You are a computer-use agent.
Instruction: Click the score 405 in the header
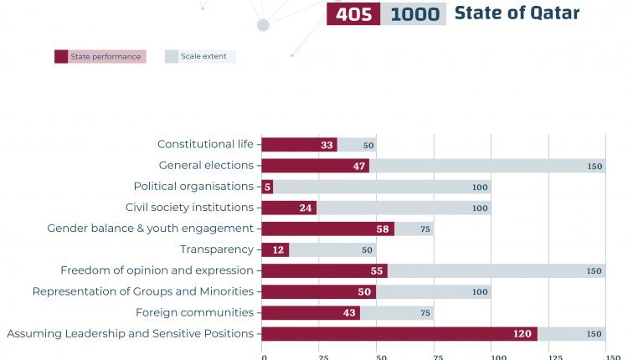click(x=353, y=14)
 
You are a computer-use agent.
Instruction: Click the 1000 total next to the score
click(x=413, y=14)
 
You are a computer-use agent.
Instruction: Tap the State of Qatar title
click(x=517, y=13)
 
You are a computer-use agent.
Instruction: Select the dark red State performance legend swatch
click(x=61, y=57)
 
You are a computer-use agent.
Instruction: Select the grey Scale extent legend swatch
click(x=172, y=57)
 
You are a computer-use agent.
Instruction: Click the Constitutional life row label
click(x=205, y=145)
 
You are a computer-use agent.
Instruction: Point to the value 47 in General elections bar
click(x=358, y=166)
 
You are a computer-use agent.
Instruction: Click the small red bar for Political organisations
click(x=267, y=187)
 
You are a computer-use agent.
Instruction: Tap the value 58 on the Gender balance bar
click(x=383, y=229)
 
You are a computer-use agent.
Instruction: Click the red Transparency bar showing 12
click(x=275, y=249)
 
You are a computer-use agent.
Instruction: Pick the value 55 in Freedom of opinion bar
click(x=376, y=270)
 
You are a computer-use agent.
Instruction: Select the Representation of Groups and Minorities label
click(x=142, y=291)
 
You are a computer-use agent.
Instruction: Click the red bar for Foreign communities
click(x=311, y=312)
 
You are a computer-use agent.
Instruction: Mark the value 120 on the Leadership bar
click(x=522, y=333)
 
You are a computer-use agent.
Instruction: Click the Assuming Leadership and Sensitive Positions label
click(x=130, y=333)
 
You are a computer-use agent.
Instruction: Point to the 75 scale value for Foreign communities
click(x=426, y=312)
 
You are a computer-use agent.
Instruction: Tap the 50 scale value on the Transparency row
click(x=368, y=249)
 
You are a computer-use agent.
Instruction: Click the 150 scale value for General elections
click(x=595, y=166)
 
